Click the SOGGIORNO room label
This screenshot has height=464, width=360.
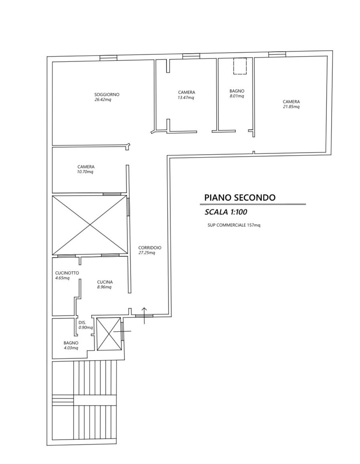click(x=107, y=95)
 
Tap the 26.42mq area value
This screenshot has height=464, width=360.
click(x=103, y=100)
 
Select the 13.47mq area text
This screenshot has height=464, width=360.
click(x=186, y=97)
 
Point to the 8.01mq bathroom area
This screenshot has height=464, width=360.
click(x=237, y=96)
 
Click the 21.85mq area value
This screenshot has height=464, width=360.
click(x=291, y=106)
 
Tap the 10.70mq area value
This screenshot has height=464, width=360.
click(x=86, y=172)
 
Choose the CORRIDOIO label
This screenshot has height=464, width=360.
click(x=150, y=248)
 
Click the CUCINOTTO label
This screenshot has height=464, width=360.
click(x=67, y=273)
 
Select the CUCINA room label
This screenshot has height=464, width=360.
click(x=105, y=282)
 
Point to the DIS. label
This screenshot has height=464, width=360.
click(x=82, y=323)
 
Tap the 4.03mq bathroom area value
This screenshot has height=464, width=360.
click(x=71, y=348)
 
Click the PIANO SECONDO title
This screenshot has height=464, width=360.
click(x=240, y=197)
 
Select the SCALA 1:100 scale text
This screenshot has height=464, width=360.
click(x=226, y=212)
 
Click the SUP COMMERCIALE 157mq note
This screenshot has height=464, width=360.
click(x=234, y=225)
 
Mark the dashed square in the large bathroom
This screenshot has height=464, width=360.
click(x=240, y=66)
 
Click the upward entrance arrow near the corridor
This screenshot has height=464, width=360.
click(x=144, y=315)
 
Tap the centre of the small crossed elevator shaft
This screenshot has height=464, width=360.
click(x=109, y=334)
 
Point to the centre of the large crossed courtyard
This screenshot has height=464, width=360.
click(x=90, y=225)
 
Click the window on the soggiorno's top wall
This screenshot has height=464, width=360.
click(x=109, y=58)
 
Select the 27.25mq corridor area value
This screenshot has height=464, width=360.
click(x=147, y=253)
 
